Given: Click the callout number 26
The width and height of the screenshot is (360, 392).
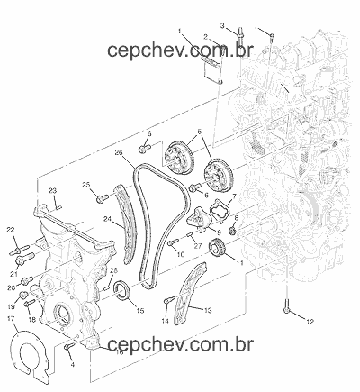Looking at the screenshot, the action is [x=119, y=152].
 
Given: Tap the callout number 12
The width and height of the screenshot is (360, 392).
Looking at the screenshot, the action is [x=310, y=322].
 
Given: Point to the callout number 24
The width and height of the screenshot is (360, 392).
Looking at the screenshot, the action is [x=107, y=219].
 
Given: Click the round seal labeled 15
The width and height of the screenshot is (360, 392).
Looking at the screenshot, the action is [x=121, y=290].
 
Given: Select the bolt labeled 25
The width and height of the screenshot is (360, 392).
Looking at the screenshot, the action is [x=103, y=198].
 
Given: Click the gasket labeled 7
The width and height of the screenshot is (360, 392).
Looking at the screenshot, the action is [x=220, y=209].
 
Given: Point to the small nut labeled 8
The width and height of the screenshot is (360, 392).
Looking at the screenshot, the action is [x=232, y=232].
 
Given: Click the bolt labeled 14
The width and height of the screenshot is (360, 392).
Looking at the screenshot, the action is [x=169, y=300].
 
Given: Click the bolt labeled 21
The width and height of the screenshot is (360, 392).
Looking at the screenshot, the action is [x=25, y=259].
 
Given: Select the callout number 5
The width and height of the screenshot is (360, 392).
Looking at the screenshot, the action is [x=200, y=132].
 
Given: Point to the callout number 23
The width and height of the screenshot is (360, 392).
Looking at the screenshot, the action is [x=52, y=191].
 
